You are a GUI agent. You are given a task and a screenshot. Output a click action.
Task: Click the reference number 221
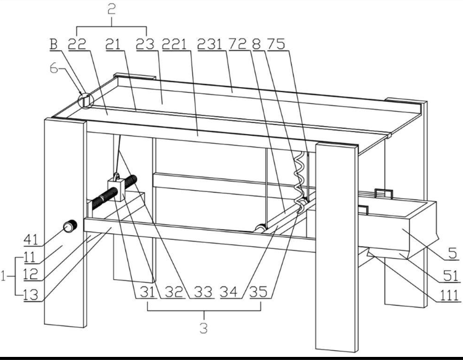[174, 44]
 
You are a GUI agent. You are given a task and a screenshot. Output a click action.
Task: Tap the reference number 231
[210, 44]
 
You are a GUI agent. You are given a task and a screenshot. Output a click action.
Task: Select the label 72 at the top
[238, 44]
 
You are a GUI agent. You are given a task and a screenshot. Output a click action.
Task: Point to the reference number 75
[276, 44]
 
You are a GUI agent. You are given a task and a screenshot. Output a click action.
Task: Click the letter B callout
[53, 44]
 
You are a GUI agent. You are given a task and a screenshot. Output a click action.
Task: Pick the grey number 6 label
[54, 69]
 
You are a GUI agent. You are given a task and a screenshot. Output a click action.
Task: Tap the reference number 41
[31, 240]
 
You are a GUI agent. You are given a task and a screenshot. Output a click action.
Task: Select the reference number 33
[203, 292]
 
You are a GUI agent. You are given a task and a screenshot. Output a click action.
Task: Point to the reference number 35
[258, 292]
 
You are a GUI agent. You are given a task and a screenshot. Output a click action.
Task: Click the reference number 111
[449, 295]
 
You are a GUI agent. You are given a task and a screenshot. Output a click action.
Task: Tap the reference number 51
[451, 276]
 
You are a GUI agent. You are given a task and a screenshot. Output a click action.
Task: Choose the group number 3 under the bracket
[203, 328]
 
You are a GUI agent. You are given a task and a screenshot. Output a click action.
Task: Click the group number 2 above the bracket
[111, 10]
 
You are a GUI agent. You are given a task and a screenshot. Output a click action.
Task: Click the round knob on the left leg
[70, 227]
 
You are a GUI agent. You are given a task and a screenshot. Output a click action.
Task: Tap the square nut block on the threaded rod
[117, 190]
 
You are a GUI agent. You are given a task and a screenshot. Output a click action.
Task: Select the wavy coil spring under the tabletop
[299, 182]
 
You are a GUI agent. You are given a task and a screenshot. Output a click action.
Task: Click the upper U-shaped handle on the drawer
[384, 193]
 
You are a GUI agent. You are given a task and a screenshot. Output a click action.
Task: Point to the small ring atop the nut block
[116, 177]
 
